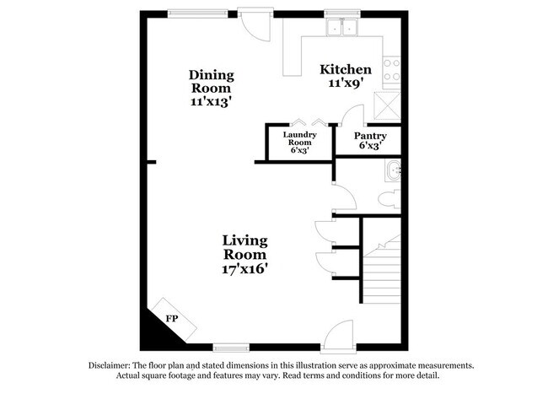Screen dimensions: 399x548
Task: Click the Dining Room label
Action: [x=211, y=81]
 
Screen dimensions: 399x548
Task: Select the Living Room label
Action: [x=244, y=247]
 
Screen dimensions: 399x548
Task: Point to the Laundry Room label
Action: [x=299, y=138]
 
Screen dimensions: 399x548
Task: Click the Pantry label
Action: [x=370, y=136]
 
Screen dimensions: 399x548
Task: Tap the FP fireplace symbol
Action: [x=171, y=318]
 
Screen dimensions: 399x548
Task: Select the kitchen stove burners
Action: [x=391, y=69]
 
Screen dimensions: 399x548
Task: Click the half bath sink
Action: [x=392, y=173]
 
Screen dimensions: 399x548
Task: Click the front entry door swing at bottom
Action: [x=341, y=333]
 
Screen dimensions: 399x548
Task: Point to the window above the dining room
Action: [x=189, y=11]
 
